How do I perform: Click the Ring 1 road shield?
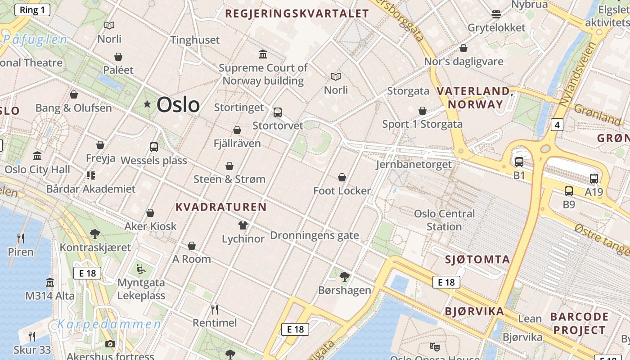[32, 10]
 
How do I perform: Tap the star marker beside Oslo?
[147, 104]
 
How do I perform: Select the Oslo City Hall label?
[37, 170]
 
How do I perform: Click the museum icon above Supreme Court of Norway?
[263, 54]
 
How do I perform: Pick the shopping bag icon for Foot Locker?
[342, 178]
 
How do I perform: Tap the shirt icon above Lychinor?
[243, 225]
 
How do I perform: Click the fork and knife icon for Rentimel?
[215, 310]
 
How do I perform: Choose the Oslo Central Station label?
[444, 220]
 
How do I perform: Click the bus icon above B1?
[519, 162]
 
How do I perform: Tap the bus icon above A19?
[594, 179]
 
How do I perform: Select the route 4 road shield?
[557, 125]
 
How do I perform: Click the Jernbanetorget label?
[414, 164]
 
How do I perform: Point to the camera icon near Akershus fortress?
[110, 344]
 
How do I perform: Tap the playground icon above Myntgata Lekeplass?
[141, 270]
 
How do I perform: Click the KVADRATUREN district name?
[221, 207]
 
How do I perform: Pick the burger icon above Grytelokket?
[496, 14]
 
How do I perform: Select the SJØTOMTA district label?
[477, 259]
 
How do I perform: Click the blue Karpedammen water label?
[109, 324]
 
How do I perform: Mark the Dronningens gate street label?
[315, 235]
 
